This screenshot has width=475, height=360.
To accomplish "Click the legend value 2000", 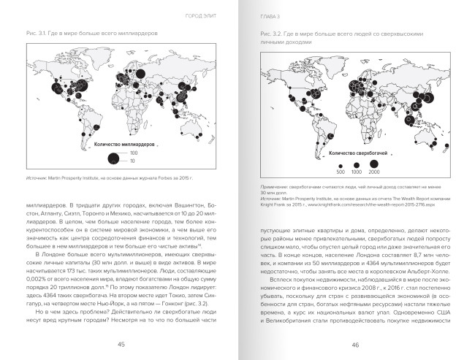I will [x=375, y=172].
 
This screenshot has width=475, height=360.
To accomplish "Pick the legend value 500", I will [x=341, y=172].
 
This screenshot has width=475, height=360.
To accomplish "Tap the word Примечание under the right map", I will [x=275, y=187].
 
